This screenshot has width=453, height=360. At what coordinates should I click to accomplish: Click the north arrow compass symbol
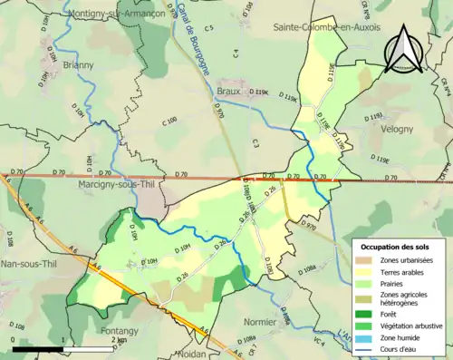pyautogui.click(x=403, y=48)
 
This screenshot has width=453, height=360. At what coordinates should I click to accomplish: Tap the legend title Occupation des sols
pyautogui.click(x=396, y=247)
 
